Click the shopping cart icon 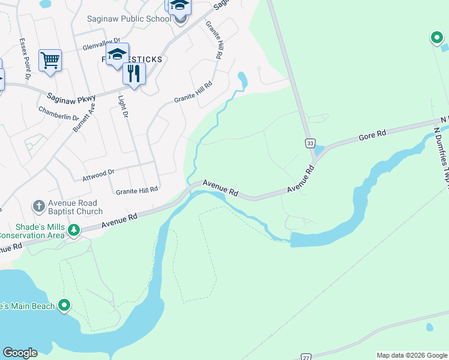click(50, 59)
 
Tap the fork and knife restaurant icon click(134, 73)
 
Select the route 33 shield click(309, 143)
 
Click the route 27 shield click(306, 356)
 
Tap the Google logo click(20, 353)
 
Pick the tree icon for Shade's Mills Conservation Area click(73, 230)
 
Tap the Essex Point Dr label click(24, 59)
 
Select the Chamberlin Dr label click(59, 113)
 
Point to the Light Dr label click(124, 107)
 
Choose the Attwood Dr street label click(98, 175)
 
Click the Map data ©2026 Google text click(412, 355)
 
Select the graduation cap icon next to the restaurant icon click(118, 54)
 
